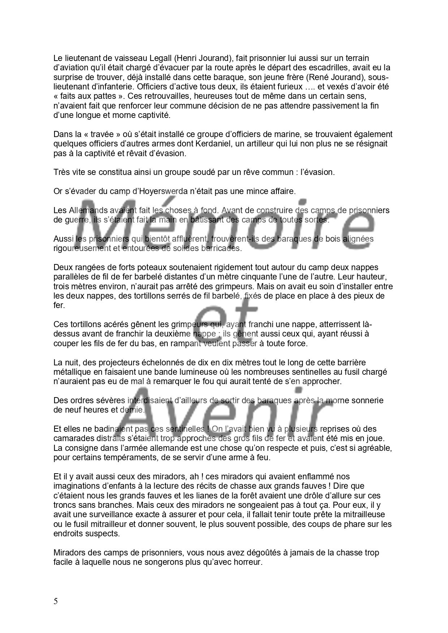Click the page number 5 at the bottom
tap(56, 601)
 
